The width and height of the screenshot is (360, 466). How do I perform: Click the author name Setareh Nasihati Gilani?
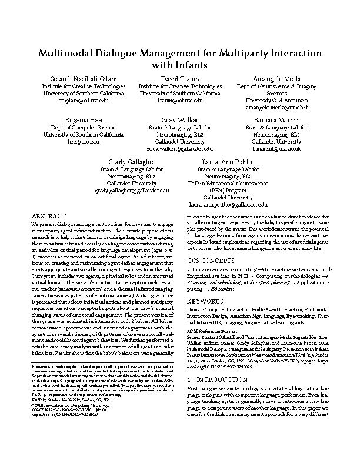click(84, 78)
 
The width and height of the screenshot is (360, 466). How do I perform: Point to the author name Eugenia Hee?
click(84, 119)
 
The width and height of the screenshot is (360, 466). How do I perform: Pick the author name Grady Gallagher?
click(131, 161)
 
